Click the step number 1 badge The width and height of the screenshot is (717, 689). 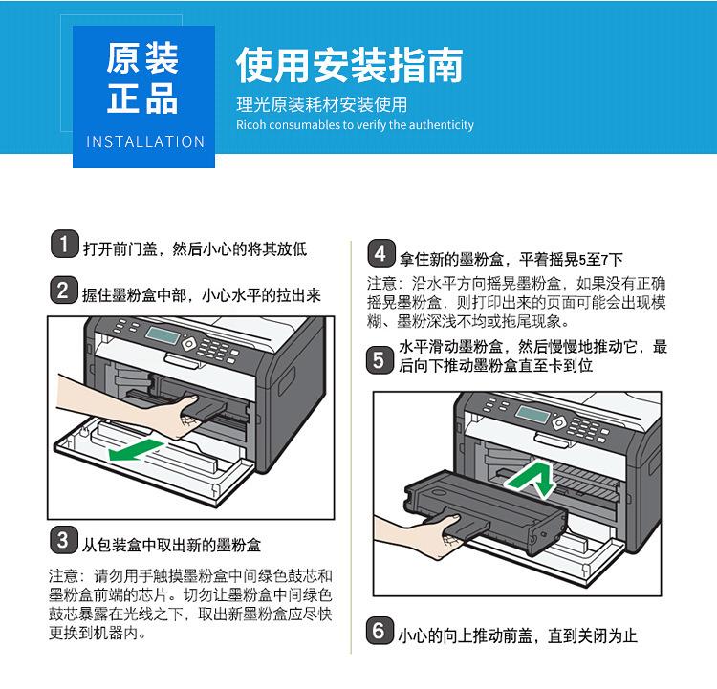click(63, 247)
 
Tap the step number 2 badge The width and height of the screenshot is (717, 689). click(63, 293)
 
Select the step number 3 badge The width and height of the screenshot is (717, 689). click(63, 542)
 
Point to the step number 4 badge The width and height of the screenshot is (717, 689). click(380, 256)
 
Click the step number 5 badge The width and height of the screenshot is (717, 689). click(380, 360)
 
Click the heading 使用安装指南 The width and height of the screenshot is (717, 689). click(350, 65)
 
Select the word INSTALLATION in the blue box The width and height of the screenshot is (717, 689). click(145, 141)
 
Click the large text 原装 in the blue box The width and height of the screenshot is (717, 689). click(143, 59)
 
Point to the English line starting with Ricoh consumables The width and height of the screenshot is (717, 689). click(355, 125)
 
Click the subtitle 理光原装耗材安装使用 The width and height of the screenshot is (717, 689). click(321, 105)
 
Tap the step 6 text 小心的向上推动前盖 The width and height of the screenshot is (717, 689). click(517, 635)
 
